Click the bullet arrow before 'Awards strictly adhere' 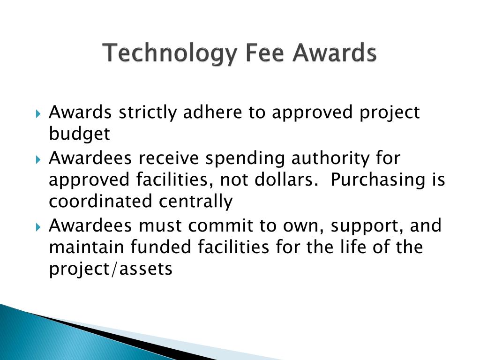pyautogui.click(x=38, y=114)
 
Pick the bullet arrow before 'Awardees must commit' pyautogui.click(x=38, y=227)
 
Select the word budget pyautogui.click(x=79, y=135)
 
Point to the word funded pyautogui.click(x=153, y=247)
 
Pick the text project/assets pyautogui.click(x=111, y=270)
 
